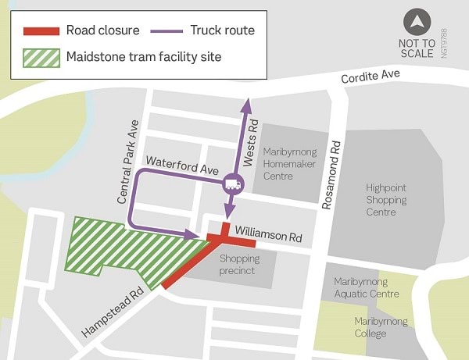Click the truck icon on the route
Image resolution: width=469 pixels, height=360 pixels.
(x=232, y=184)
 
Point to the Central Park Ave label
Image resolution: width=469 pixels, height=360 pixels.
(x=128, y=162)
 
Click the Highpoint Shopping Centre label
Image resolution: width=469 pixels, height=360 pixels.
(x=386, y=200)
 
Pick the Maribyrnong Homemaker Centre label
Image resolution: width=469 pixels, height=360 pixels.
(x=289, y=164)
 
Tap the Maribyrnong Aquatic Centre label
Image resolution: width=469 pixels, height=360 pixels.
(x=366, y=287)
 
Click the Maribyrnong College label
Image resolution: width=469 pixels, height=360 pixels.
(x=381, y=328)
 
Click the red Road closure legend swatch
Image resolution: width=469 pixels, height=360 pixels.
(x=41, y=31)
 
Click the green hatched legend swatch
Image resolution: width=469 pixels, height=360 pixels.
(x=41, y=56)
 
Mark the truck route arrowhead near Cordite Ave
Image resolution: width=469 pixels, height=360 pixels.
(x=247, y=102)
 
